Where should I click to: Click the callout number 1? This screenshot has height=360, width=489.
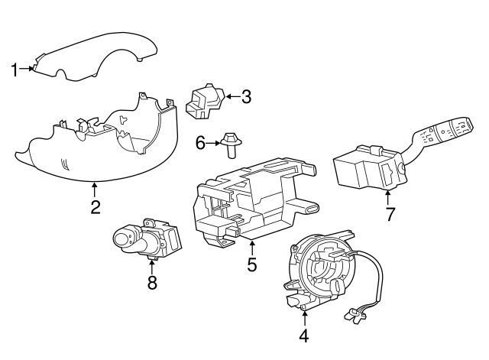pos(14,70)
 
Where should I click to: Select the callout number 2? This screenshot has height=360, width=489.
pos(96,206)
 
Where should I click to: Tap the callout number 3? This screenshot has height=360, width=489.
pos(246,97)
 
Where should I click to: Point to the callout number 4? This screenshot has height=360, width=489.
pos(304,336)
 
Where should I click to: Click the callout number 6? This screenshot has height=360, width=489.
pos(200,143)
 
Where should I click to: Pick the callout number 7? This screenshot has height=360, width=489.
pos(390,214)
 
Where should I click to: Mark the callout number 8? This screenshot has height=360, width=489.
pos(152,282)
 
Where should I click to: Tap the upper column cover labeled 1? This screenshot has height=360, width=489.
pos(95,57)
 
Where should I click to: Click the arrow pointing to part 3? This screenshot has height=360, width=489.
pos(233,97)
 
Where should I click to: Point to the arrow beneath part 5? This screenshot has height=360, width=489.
pos(252,248)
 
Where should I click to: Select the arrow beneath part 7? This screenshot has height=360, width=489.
pos(387,197)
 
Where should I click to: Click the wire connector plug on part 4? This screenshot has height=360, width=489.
pos(355,314)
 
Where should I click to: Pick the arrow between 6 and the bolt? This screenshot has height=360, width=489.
pos(213,143)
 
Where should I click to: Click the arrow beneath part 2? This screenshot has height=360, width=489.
pos(94,190)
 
